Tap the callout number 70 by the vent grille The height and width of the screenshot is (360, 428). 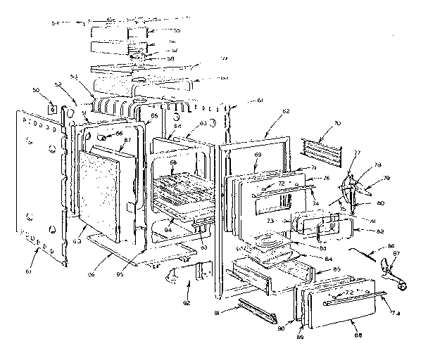tap(338, 123)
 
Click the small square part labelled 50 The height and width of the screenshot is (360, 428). tap(51, 108)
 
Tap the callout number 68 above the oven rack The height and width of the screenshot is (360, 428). tap(172, 163)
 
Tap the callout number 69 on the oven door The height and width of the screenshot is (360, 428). tap(258, 153)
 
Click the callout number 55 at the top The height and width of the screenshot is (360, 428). tap(177, 31)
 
